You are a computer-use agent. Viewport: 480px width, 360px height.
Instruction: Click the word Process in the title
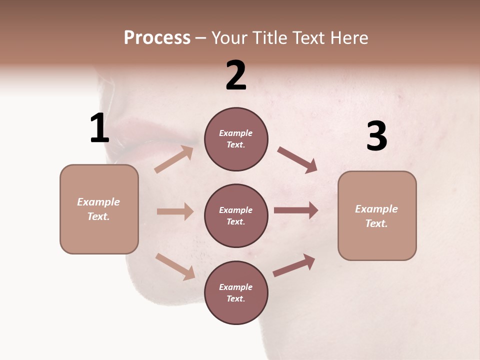[x=157, y=37]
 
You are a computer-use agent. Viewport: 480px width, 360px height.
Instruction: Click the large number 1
[x=99, y=128]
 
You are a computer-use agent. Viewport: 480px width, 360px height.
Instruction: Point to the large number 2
[x=236, y=75]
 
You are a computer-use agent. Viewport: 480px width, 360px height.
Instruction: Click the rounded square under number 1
[x=99, y=209]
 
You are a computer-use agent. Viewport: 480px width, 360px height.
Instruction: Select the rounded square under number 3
[x=377, y=215]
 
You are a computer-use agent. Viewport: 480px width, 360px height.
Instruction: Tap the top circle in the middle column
[x=236, y=139]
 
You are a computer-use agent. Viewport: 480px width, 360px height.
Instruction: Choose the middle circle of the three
[x=236, y=215]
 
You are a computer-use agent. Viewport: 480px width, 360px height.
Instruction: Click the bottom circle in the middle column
[x=236, y=292]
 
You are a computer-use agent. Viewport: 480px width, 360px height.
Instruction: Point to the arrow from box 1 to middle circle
[x=175, y=211]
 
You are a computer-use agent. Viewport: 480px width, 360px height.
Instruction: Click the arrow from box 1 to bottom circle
[x=175, y=266]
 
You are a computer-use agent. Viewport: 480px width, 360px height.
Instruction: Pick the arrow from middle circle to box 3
[x=296, y=210]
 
